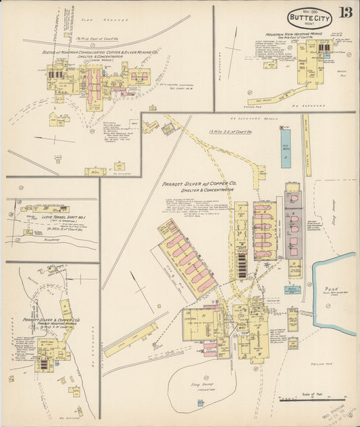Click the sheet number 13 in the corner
pyautogui.click(x=345, y=13)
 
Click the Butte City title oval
pyautogui.click(x=310, y=18)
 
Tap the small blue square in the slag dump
pyautogui.click(x=200, y=403)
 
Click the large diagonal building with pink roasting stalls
pyautogui.click(x=187, y=257)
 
